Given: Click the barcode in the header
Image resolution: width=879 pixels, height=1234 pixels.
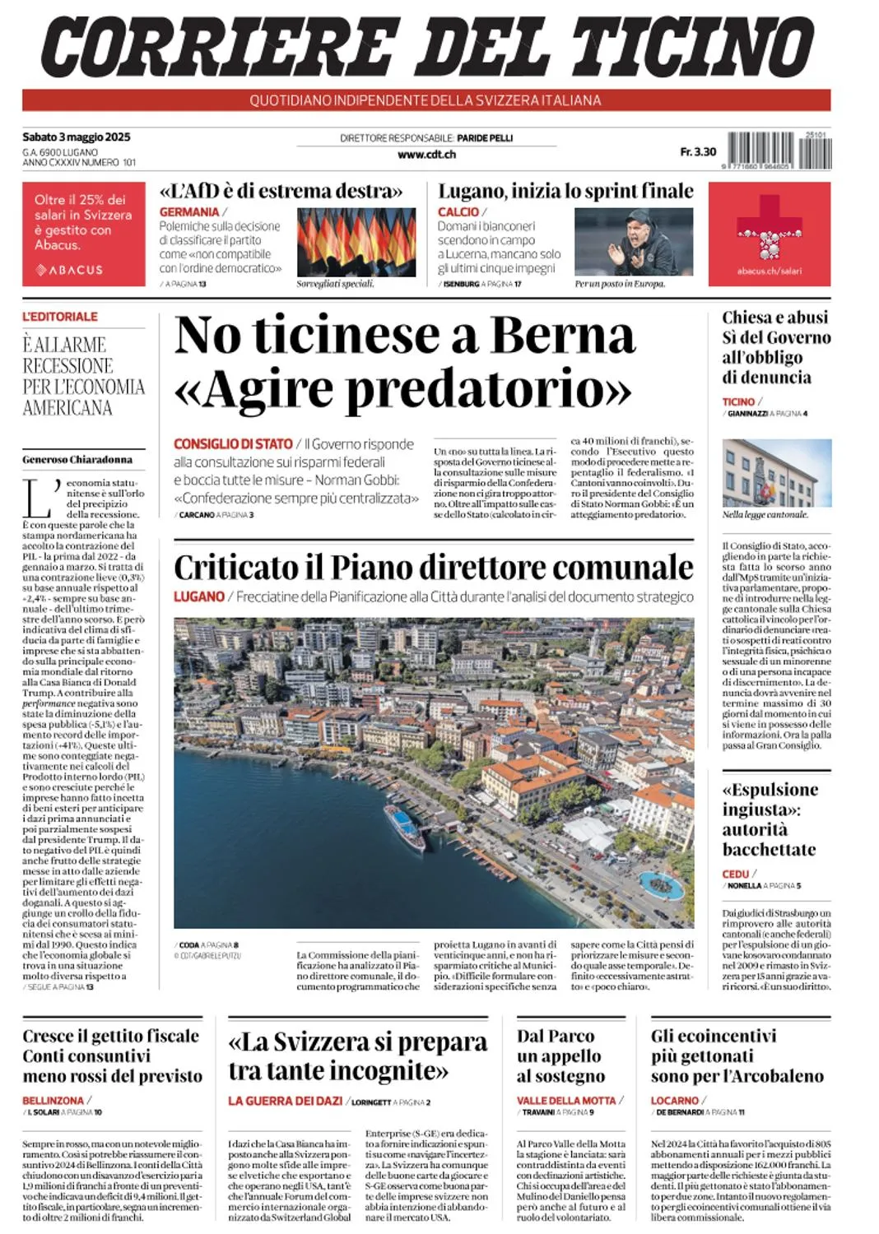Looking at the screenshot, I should point(779,151).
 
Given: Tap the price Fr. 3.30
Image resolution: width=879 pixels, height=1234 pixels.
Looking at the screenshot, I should point(698,151).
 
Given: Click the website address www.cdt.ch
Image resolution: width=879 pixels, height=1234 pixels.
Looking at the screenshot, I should point(426,154).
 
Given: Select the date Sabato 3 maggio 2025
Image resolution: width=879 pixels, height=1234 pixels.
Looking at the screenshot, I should point(77,137).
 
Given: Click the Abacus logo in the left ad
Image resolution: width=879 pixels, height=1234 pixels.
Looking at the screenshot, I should point(70,270).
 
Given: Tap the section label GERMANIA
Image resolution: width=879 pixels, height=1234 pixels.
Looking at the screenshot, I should point(189,211).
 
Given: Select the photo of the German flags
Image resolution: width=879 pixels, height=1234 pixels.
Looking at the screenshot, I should point(356,241).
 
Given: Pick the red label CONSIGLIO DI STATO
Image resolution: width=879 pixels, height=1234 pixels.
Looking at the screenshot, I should point(233,443).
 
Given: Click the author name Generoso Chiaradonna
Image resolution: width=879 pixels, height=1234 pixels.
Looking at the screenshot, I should point(77,459).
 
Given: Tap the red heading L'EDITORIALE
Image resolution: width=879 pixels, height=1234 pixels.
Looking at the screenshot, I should point(60,316).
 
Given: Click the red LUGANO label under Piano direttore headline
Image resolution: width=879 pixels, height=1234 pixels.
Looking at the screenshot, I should point(199,596).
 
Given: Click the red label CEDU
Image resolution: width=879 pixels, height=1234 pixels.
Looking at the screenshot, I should point(736,874).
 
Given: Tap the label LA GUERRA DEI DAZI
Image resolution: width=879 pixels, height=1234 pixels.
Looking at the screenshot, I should point(285,1101).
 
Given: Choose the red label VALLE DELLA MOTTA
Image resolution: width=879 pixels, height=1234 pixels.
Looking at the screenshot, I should point(566,1101).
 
